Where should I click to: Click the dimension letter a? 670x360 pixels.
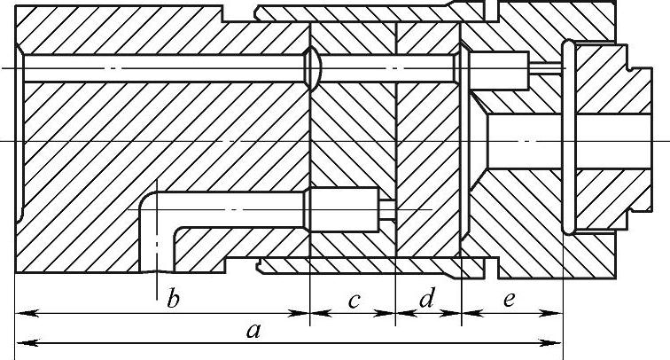pos(253,332)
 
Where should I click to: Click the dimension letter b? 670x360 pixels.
pos(174,299)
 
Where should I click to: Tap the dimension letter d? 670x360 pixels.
pos(426,299)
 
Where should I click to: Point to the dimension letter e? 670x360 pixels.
pos(509,300)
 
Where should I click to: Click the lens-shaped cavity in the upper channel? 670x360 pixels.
pos(311,68)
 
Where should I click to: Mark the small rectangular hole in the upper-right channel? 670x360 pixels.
pos(498,69)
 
